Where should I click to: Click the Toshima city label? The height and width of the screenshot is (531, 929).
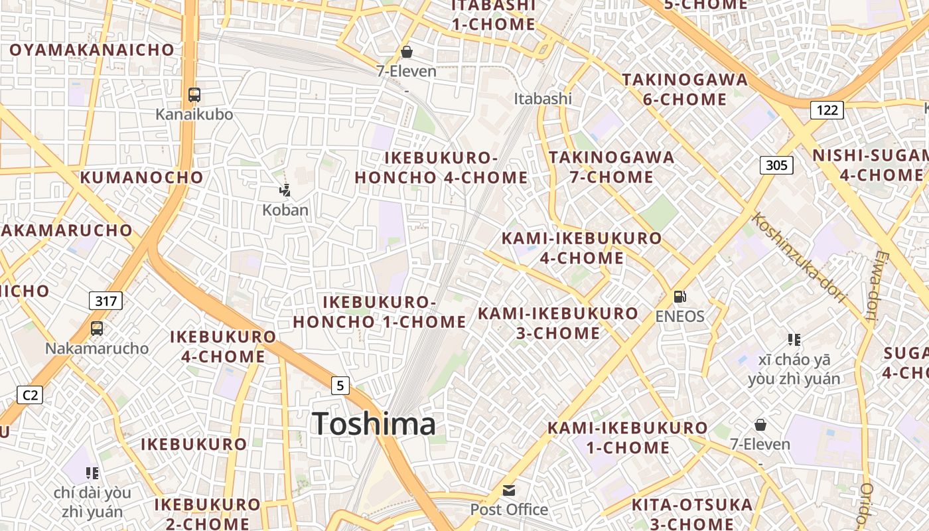click(x=374, y=423)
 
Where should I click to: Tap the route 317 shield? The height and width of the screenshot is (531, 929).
click(x=106, y=301)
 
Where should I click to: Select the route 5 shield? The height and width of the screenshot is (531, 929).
click(x=340, y=385)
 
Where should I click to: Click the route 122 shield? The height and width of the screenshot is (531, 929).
click(x=827, y=110)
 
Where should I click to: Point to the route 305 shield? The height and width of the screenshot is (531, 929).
click(x=776, y=165)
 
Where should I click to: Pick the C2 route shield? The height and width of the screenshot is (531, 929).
click(x=30, y=396)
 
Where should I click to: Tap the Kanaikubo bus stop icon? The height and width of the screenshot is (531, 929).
click(x=194, y=95)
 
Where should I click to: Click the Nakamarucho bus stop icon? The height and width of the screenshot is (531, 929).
click(x=97, y=329)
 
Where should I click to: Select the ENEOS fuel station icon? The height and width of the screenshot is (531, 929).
click(x=679, y=297)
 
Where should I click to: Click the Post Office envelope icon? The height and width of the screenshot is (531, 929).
click(x=509, y=491)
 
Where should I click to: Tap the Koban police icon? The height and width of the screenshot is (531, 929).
click(x=285, y=191)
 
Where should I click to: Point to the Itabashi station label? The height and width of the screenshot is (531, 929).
click(x=543, y=98)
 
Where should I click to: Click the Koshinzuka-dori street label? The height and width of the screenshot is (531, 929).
click(x=800, y=258)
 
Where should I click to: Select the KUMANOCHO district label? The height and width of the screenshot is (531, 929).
click(x=142, y=177)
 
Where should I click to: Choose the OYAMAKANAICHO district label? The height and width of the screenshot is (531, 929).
click(x=92, y=50)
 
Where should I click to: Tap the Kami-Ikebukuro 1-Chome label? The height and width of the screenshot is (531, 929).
click(x=628, y=437)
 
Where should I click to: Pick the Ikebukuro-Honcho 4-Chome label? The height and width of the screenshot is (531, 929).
click(x=441, y=168)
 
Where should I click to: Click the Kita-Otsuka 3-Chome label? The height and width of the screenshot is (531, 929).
click(x=692, y=514)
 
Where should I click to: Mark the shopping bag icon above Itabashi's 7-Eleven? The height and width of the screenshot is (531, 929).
click(x=407, y=51)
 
